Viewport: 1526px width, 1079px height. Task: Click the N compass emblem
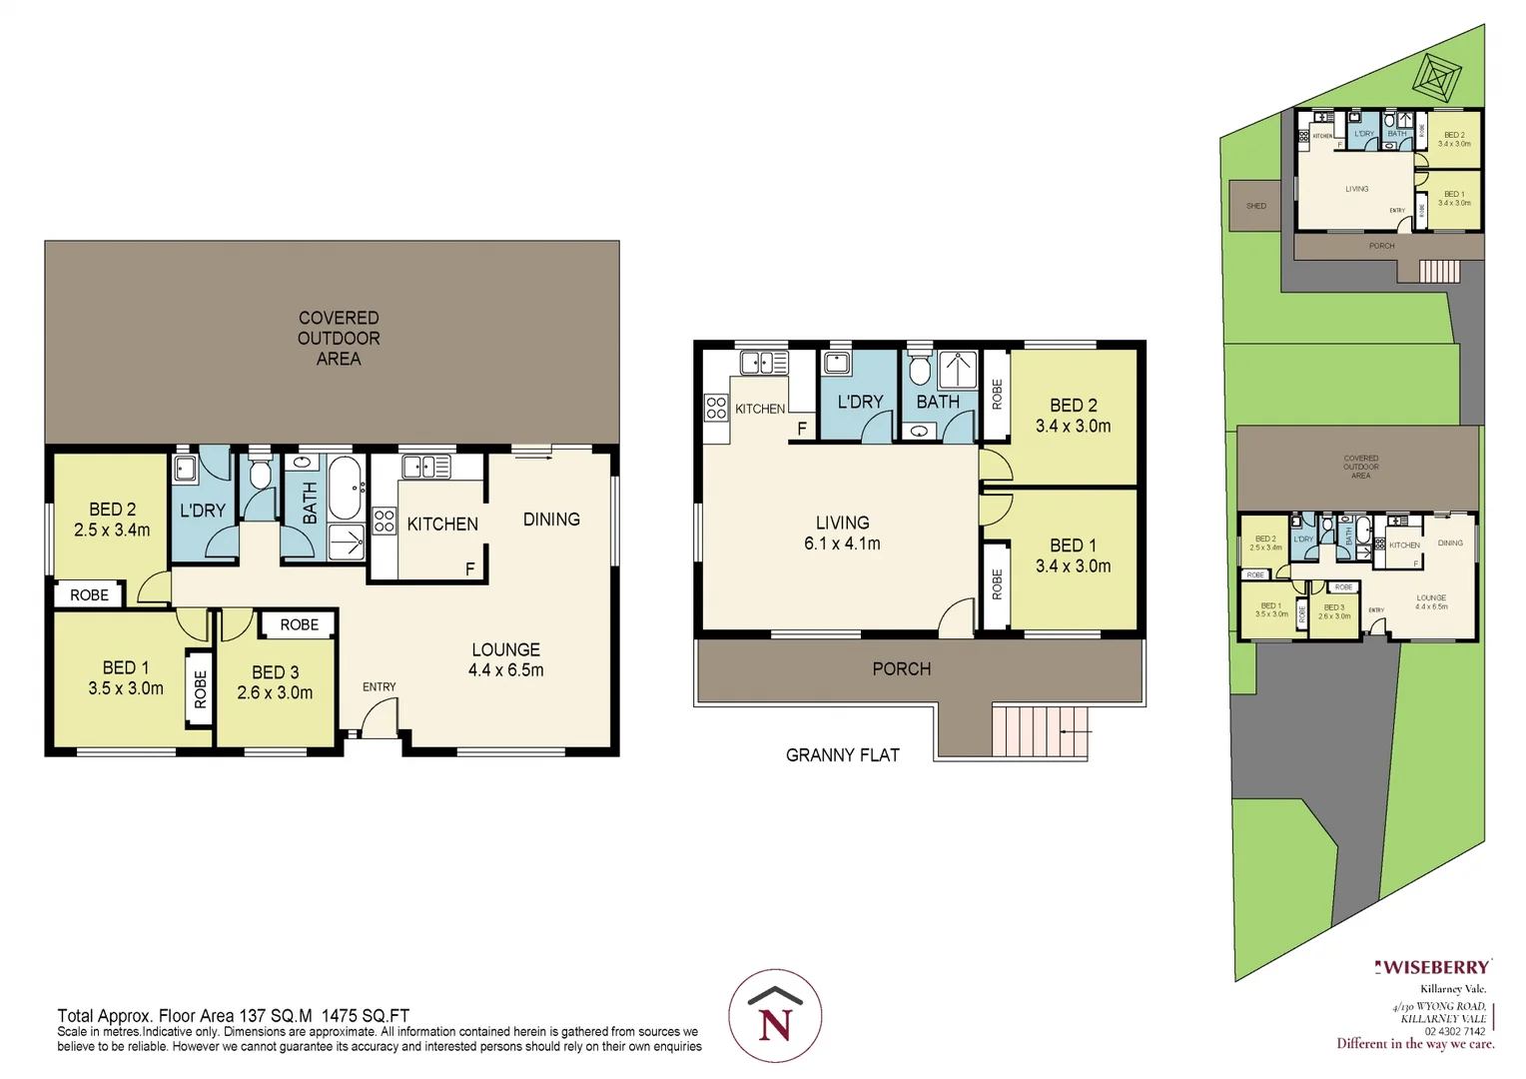(775, 1016)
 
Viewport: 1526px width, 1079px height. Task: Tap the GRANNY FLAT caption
(842, 755)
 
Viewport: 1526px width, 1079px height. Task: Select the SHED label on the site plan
(1255, 206)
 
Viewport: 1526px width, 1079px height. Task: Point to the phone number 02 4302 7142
(1454, 1031)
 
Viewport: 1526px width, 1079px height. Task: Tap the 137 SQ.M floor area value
(276, 1016)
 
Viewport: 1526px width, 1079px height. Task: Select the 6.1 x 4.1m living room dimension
(842, 543)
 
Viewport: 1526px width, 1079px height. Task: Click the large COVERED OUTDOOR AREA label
(339, 338)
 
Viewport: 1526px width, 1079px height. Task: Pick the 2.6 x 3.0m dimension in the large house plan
(275, 692)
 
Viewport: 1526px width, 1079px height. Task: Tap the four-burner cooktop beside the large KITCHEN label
(384, 521)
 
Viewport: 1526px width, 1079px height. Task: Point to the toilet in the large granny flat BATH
(920, 371)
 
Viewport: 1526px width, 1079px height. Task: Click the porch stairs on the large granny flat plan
(1039, 731)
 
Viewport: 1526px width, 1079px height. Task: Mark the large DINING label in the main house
(551, 520)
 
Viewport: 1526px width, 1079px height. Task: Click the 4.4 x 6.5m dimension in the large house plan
(505, 670)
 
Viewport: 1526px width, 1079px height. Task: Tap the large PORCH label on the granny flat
(901, 669)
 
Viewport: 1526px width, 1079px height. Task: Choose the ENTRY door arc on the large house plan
(379, 717)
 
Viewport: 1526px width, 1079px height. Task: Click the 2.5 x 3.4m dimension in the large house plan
(112, 531)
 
